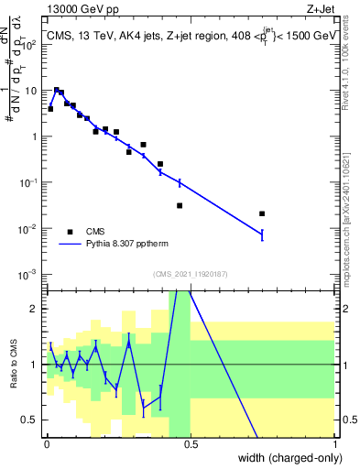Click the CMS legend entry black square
coord(70,232)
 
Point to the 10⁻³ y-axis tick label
coord(27,275)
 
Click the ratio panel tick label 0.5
coord(30,420)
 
